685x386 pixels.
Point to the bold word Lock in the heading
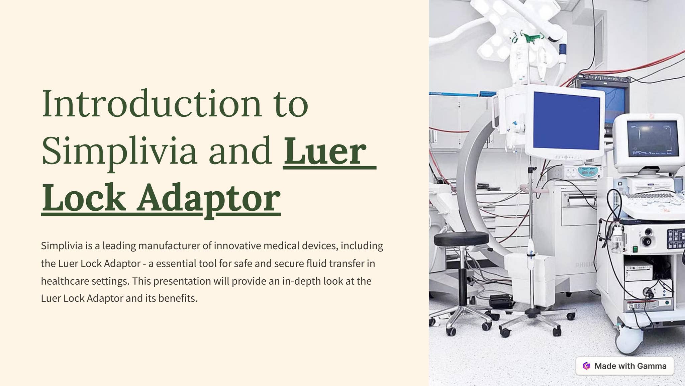tap(84, 198)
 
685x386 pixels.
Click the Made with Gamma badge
tap(624, 366)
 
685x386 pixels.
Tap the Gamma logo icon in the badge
tap(587, 366)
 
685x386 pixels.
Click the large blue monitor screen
tap(566, 120)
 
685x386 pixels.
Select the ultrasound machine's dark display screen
tap(653, 138)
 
